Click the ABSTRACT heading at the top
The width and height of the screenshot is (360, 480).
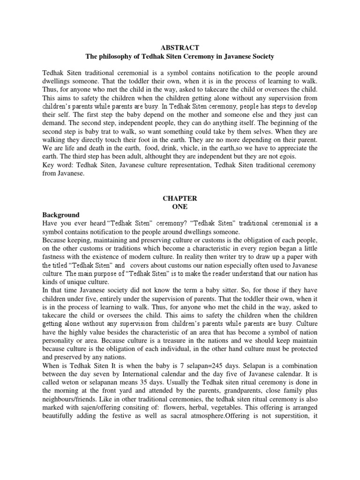180,48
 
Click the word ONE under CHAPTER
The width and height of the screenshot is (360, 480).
180,206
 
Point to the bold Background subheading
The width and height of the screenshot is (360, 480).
61,215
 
